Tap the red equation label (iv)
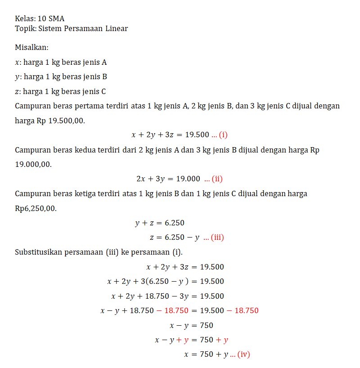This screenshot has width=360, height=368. (243, 355)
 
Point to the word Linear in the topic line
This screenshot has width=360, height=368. (117, 29)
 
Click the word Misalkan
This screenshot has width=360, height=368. (31, 47)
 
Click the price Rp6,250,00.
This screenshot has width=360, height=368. (36, 209)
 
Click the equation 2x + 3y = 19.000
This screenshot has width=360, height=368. (168, 179)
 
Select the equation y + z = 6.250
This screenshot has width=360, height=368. (159, 223)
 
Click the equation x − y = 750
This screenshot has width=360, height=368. (191, 325)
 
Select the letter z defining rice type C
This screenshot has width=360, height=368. (17, 92)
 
